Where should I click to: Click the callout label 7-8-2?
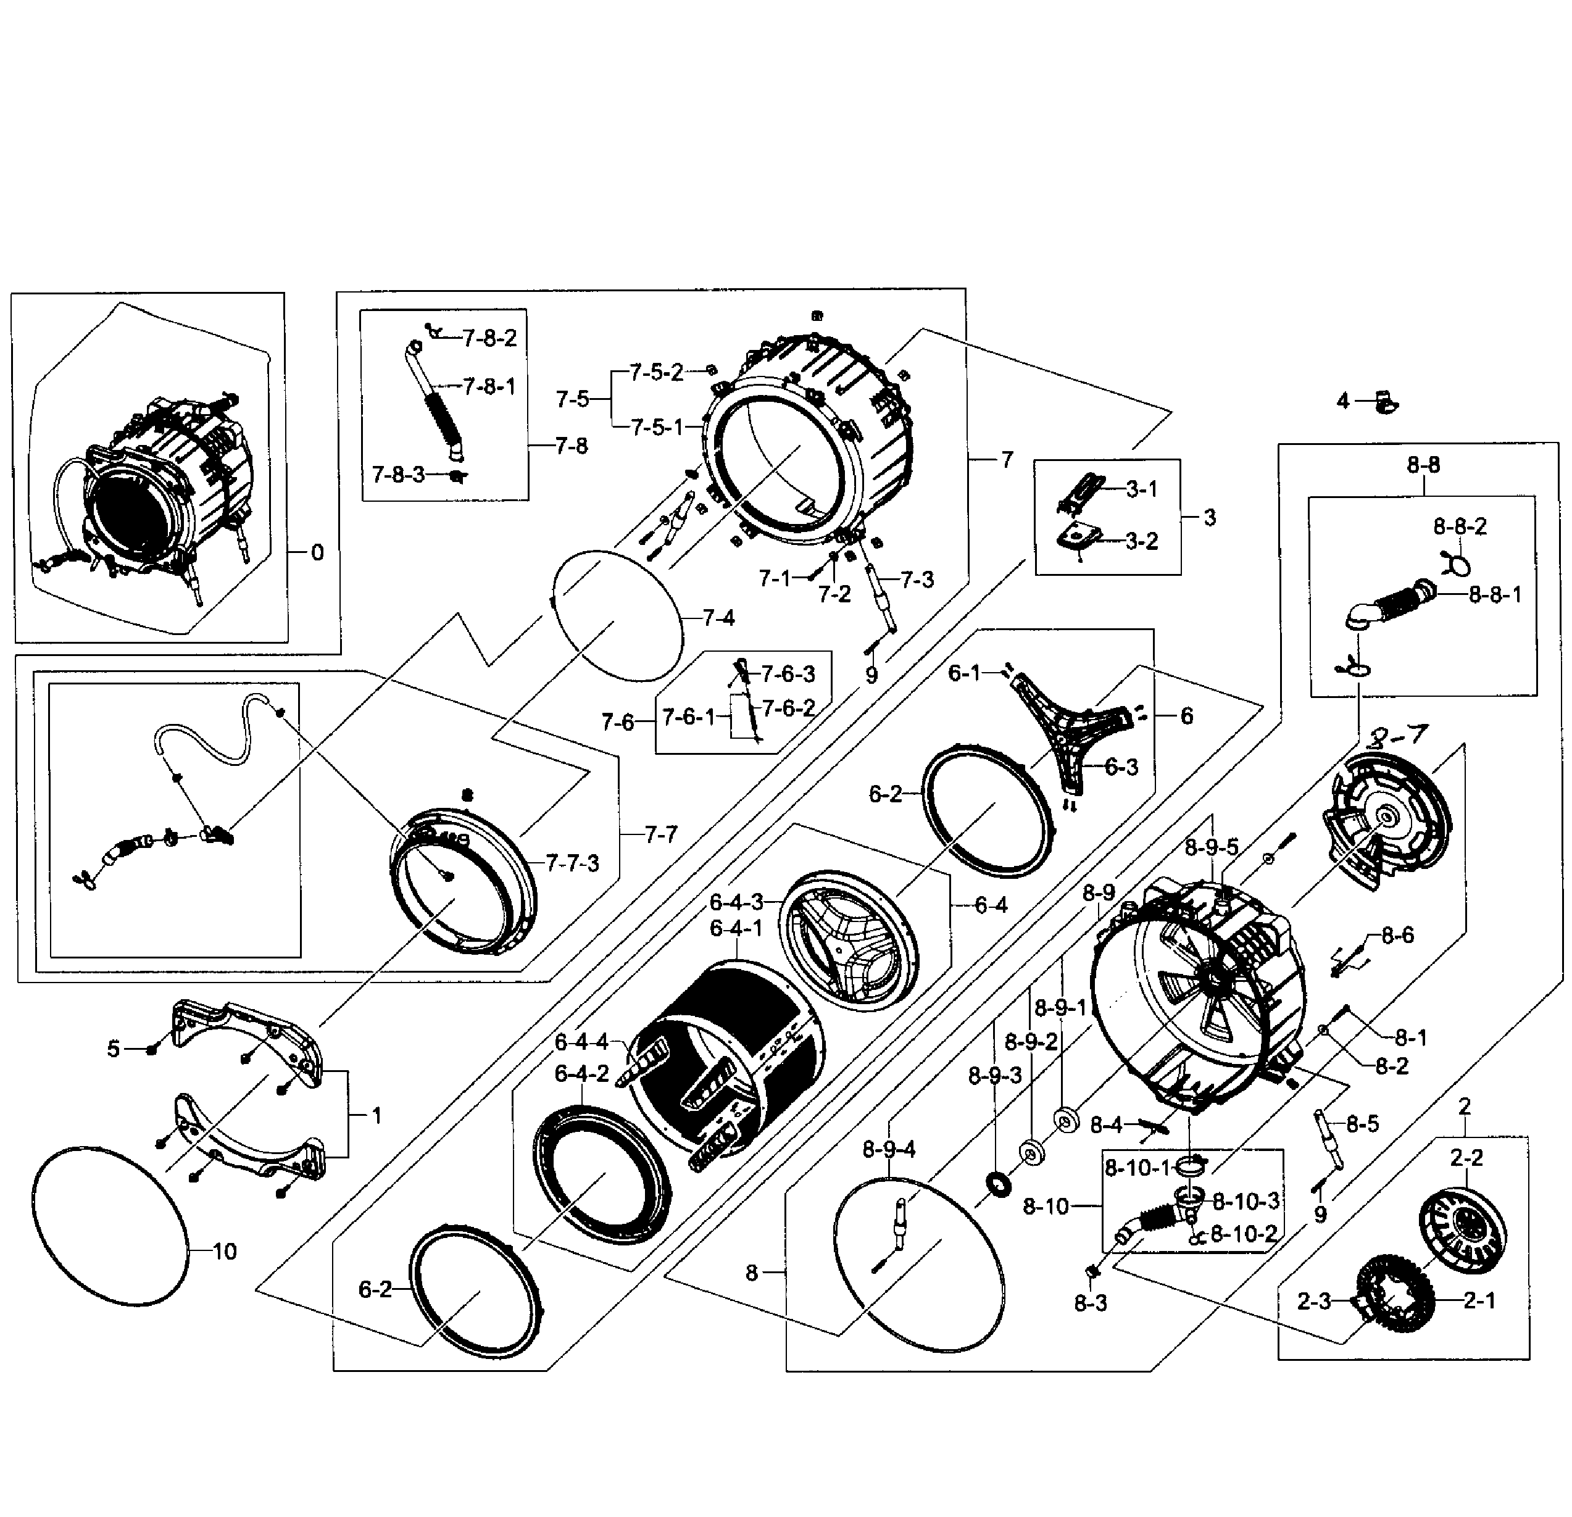tap(489, 338)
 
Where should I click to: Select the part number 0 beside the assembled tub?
tap(318, 552)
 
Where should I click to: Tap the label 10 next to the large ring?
tap(225, 1252)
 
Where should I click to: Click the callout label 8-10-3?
tap(1246, 1201)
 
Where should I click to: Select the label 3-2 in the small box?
tap(1142, 541)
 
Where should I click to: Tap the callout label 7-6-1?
tap(688, 717)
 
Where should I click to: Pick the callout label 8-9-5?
tap(1212, 847)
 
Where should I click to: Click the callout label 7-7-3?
tap(572, 863)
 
